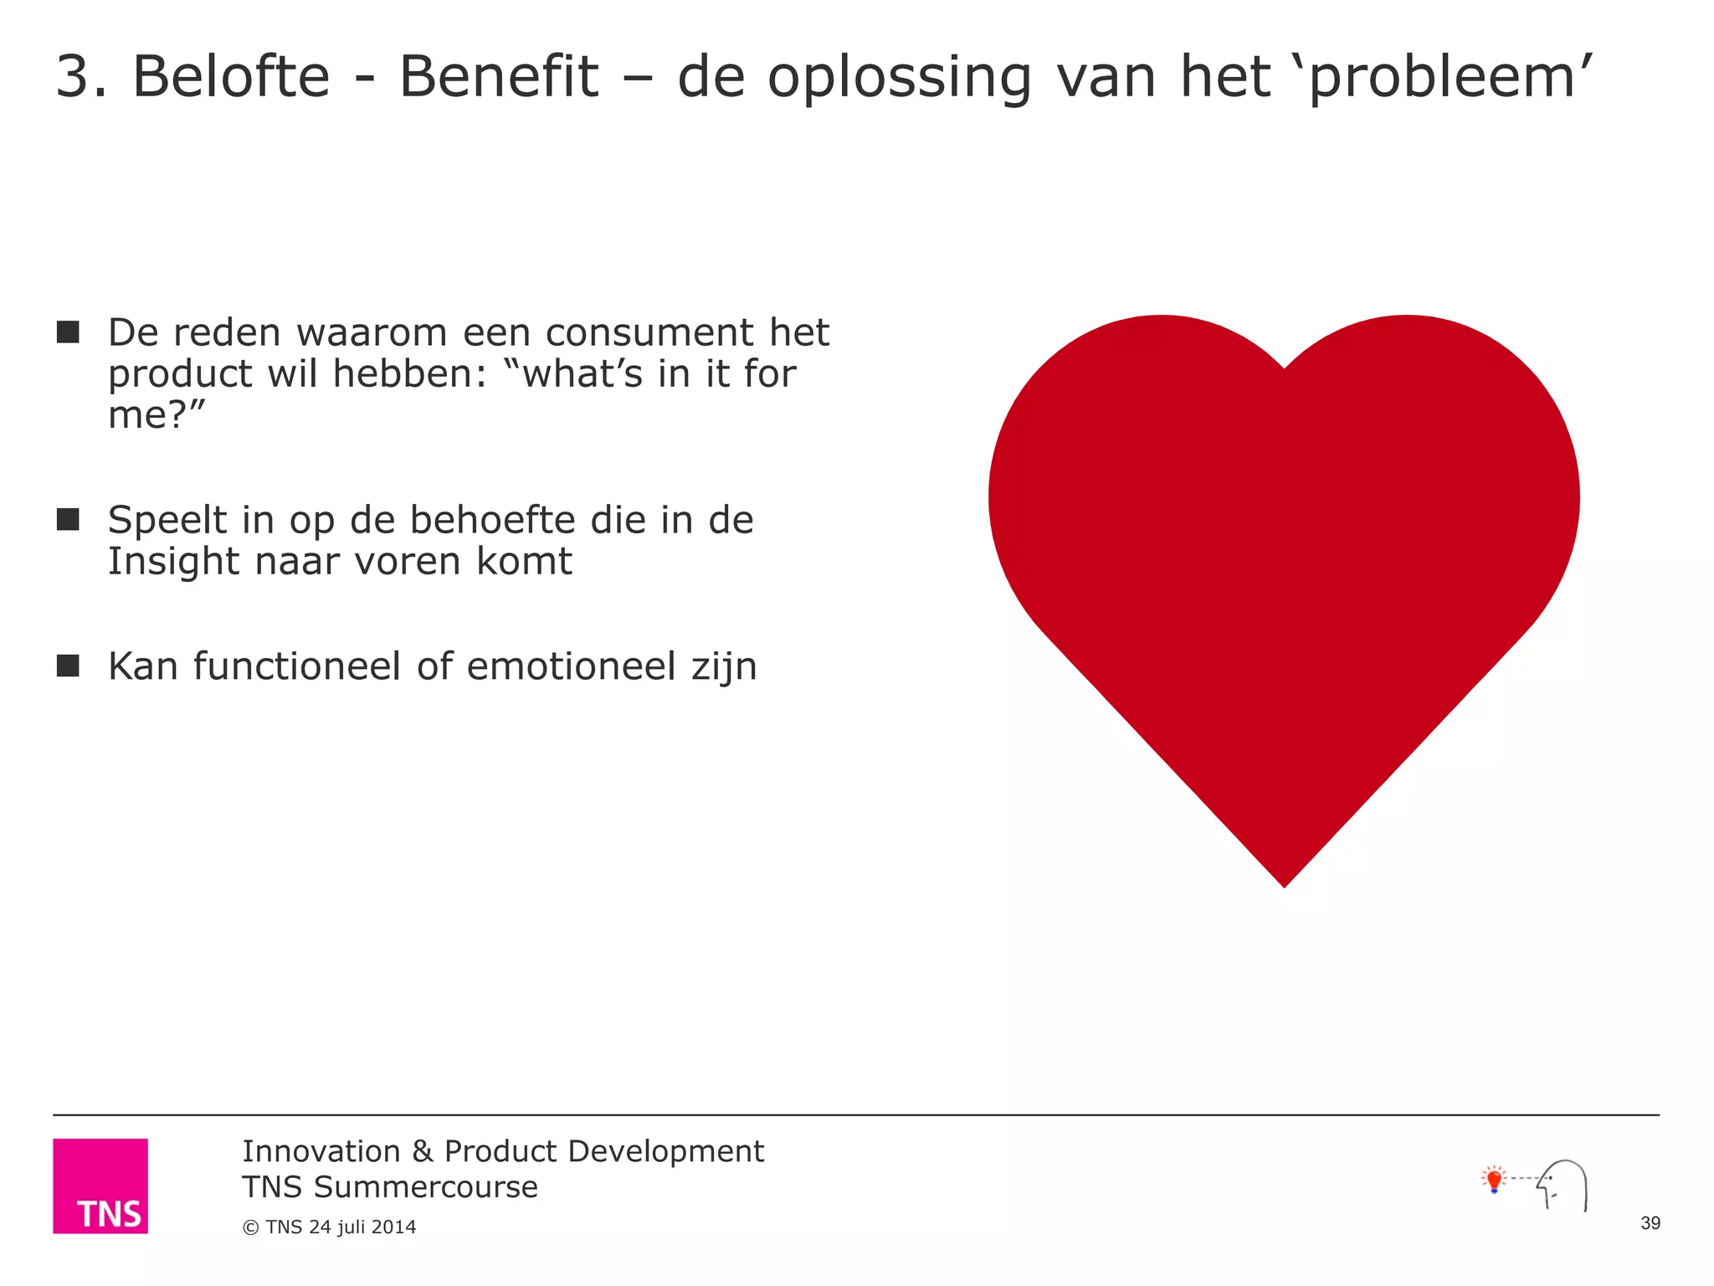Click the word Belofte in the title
[231, 77]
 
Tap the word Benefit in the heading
[499, 77]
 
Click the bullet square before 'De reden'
[68, 332]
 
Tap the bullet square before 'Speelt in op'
[68, 520]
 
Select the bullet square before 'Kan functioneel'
[68, 666]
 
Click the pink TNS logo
[100, 1186]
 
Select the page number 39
[1650, 1223]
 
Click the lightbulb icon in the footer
[1494, 1180]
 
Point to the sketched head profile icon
[1564, 1184]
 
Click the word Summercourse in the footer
[425, 1187]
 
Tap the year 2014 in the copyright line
[393, 1227]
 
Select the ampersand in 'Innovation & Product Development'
[422, 1152]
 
